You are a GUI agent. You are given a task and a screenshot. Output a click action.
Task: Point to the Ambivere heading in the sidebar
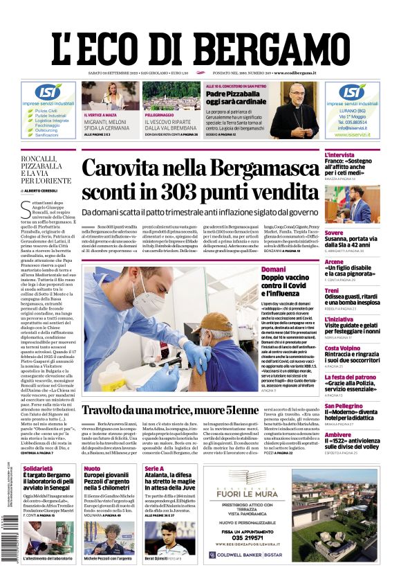coord(338,435)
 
